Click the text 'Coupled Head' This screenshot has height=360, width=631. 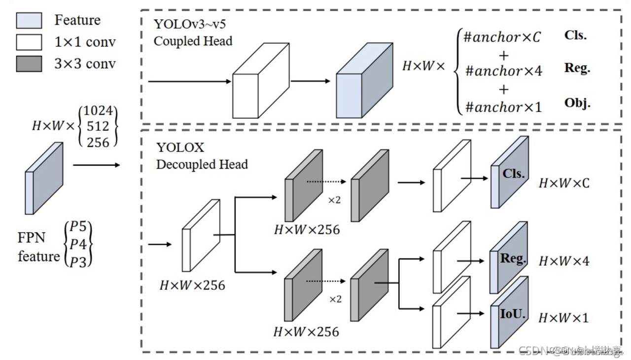(193, 41)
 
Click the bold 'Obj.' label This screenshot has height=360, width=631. (577, 103)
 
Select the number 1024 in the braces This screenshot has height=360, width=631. (98, 111)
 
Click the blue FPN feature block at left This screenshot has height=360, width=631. (44, 179)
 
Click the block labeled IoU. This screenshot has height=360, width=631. (510, 313)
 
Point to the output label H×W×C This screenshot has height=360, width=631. (564, 183)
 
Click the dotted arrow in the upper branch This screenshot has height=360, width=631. (326, 181)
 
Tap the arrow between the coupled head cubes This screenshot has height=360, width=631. (310, 80)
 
